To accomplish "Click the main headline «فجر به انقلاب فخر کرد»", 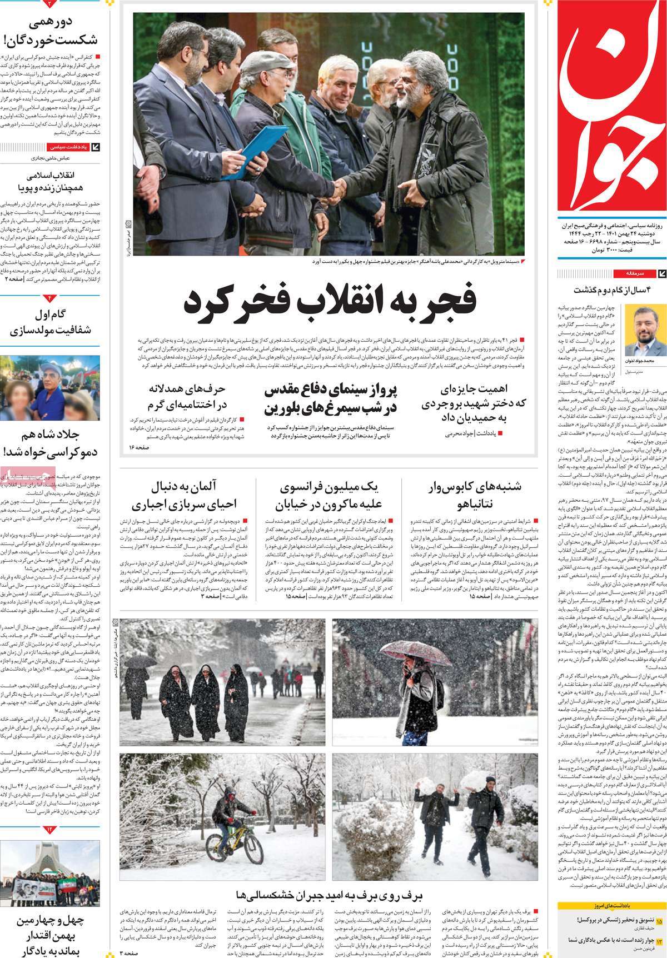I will coord(330,303).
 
